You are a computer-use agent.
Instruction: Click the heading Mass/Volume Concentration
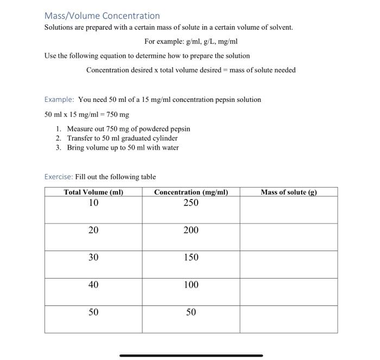[x=102, y=16]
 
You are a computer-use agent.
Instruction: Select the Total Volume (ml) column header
[x=93, y=192]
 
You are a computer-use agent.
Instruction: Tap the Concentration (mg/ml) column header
[x=191, y=192]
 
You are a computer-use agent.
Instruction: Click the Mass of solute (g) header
[x=288, y=192]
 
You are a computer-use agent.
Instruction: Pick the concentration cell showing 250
[x=191, y=203]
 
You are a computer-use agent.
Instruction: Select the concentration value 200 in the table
[x=191, y=230]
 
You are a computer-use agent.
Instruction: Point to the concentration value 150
[x=191, y=258]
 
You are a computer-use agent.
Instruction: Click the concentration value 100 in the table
[x=191, y=285]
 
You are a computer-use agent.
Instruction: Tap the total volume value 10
[x=93, y=203]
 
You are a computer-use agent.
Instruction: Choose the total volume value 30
[x=93, y=258]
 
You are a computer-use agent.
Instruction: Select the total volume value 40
[x=93, y=285]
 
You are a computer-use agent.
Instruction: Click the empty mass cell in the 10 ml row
[x=288, y=209]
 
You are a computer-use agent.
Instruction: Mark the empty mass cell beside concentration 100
[x=288, y=292]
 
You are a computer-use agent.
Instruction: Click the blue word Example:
[x=59, y=100]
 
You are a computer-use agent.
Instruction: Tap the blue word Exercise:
[x=59, y=177]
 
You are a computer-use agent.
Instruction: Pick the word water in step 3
[x=170, y=147]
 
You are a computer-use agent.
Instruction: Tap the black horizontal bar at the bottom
[x=191, y=356]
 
